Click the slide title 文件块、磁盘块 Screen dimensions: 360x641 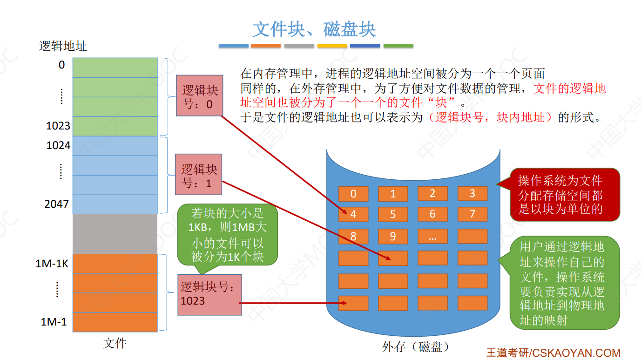coord(314,29)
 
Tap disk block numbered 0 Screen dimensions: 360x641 coord(353,194)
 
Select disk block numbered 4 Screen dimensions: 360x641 coord(353,214)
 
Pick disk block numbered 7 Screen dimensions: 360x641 coord(472,214)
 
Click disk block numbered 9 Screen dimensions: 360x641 coord(393,236)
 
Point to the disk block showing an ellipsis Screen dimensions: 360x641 coord(432,236)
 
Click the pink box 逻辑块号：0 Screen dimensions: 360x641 coord(200,95)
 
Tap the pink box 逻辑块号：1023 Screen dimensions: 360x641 coord(209,294)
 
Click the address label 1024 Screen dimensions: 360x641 coord(58,145)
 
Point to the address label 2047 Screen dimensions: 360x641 coord(57,204)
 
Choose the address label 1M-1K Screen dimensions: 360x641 coord(52,264)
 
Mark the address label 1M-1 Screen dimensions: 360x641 coord(54,322)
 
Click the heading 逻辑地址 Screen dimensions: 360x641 coord(63,46)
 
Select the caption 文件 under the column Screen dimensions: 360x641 coord(115,344)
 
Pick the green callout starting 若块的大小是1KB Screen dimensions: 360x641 coord(228,235)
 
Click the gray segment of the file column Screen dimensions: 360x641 coord(115,233)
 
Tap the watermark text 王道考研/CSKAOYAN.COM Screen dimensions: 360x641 coord(553,353)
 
